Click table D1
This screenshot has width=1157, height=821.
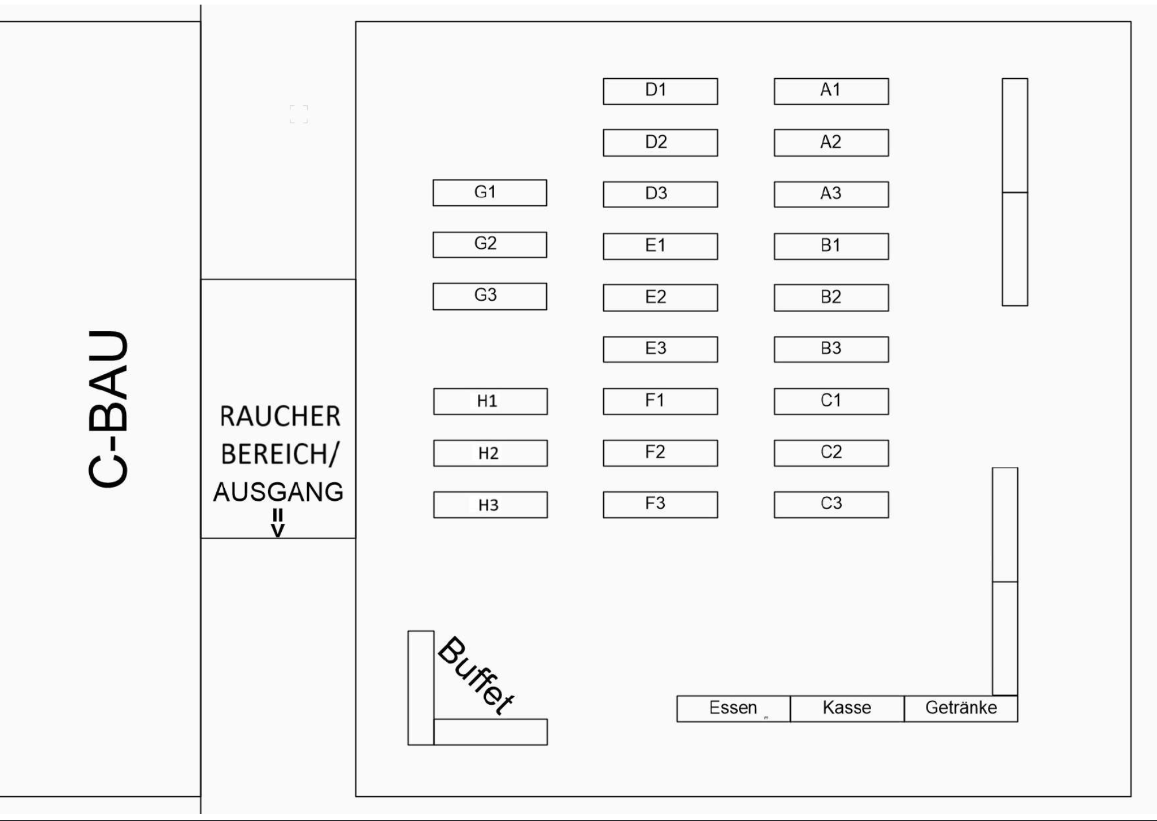click(660, 91)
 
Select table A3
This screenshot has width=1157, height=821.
click(831, 194)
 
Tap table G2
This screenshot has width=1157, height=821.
click(489, 244)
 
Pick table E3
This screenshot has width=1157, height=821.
click(660, 349)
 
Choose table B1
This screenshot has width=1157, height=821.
click(831, 246)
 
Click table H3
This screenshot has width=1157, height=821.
click(490, 505)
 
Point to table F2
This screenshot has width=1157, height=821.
click(660, 453)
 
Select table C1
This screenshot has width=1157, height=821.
click(831, 401)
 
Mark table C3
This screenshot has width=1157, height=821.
click(831, 505)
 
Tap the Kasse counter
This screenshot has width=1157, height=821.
click(847, 708)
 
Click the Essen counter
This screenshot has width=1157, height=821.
click(733, 708)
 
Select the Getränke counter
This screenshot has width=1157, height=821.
click(961, 708)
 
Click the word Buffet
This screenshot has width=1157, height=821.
click(476, 675)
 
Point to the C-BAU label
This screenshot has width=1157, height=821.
click(108, 409)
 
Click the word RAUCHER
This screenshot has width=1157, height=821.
click(280, 417)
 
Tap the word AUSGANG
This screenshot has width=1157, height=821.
click(278, 492)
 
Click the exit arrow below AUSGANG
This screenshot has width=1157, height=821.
click(278, 523)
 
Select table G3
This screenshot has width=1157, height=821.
click(489, 296)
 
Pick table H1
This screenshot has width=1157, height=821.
click(490, 401)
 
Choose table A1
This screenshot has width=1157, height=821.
click(831, 91)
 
